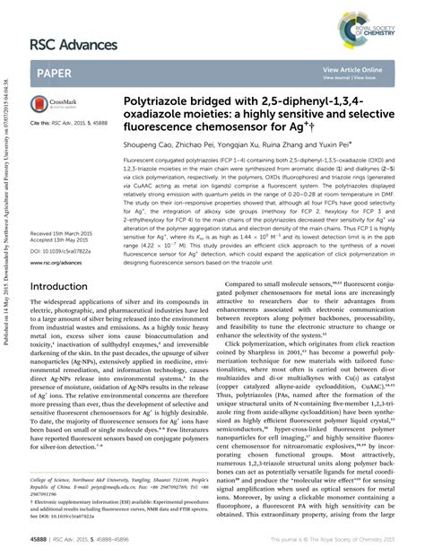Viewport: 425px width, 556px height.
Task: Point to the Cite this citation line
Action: click(72, 121)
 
